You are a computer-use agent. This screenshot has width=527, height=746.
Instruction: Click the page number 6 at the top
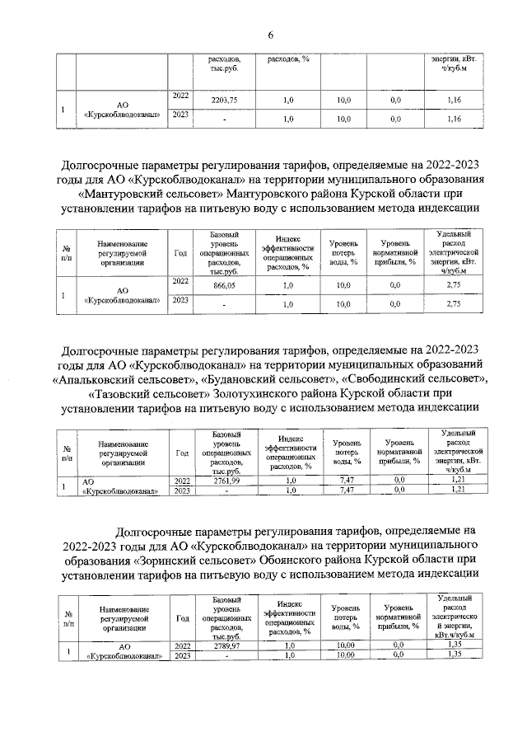(x=269, y=34)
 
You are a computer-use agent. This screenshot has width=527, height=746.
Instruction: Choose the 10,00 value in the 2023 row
(x=346, y=655)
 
